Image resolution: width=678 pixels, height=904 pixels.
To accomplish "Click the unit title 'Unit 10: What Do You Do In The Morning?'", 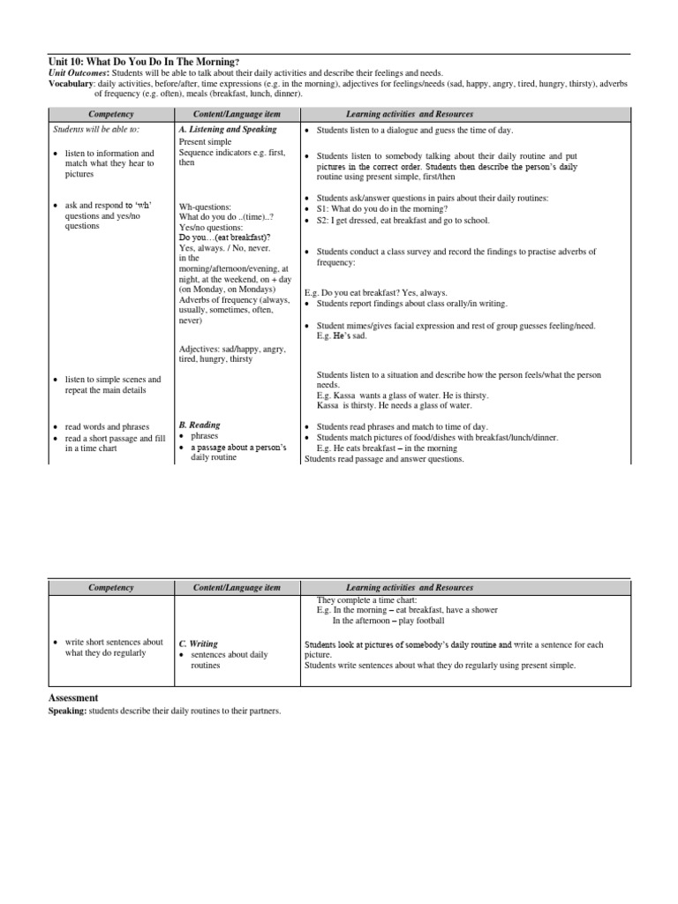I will point(143,61).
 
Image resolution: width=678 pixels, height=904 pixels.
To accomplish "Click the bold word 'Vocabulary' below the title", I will point(71,83).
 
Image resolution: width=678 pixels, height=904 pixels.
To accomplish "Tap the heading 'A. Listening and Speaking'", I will point(227,129).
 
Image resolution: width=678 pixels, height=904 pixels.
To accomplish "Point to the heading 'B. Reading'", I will point(200,425).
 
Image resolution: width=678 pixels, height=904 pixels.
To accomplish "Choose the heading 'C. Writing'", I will point(199,644).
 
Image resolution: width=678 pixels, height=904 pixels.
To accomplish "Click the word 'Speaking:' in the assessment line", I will point(66,711).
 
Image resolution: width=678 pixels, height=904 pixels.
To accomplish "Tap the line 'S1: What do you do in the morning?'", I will point(388,208).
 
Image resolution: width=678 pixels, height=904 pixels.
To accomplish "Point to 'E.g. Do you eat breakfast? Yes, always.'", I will point(376,292).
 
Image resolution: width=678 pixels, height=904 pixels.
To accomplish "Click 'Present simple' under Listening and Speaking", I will point(206,140).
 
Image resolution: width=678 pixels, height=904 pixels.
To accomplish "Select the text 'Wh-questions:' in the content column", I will point(205,206).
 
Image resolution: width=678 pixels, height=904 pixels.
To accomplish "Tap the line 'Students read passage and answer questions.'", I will point(384,458).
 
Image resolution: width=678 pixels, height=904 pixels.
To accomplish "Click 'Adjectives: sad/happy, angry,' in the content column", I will point(232,349).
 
